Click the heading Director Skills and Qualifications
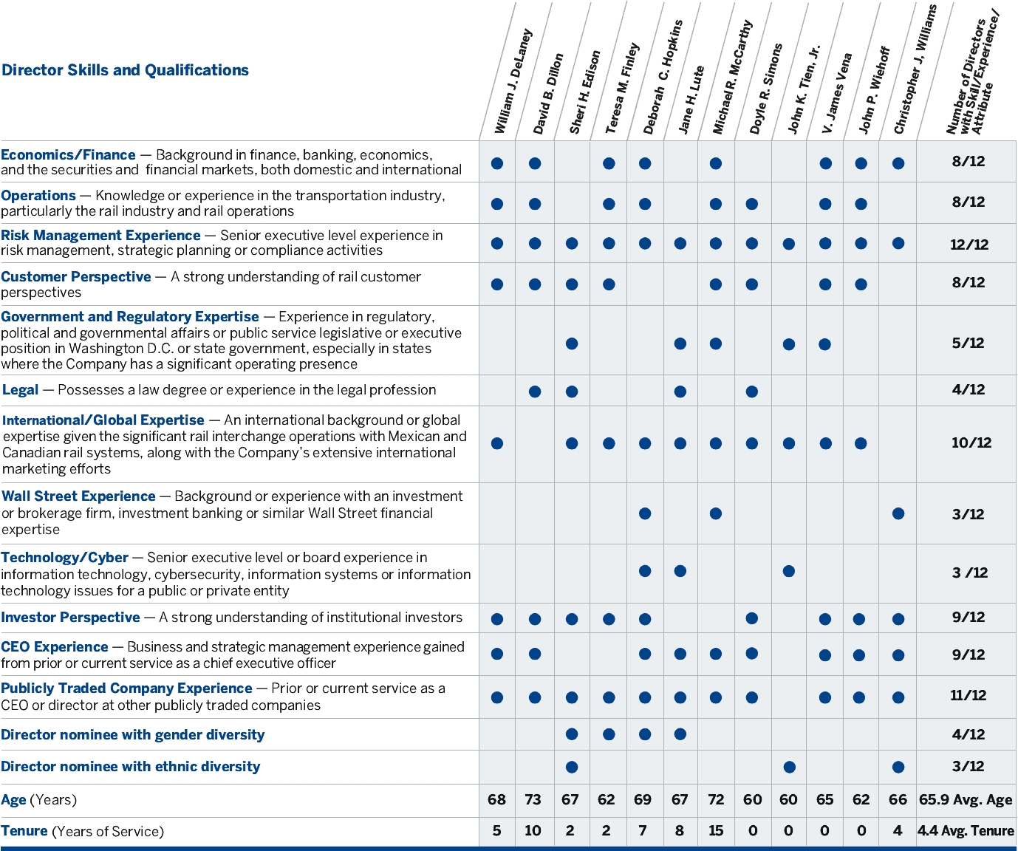click(125, 70)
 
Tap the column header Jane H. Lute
click(691, 100)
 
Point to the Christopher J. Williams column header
click(915, 70)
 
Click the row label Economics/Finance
click(68, 155)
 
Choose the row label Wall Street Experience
click(78, 496)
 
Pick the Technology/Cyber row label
click(64, 558)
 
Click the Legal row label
click(21, 390)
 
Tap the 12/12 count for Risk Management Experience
click(969, 245)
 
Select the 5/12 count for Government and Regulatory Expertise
click(968, 343)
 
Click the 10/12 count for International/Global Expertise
click(971, 442)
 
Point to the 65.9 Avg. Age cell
click(966, 800)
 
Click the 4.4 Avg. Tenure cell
click(966, 831)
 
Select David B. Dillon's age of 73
click(533, 800)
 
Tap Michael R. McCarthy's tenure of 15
click(715, 831)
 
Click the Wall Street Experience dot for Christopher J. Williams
click(898, 513)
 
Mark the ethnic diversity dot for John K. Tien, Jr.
click(789, 767)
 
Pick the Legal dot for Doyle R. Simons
click(752, 392)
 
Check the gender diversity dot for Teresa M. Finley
click(609, 734)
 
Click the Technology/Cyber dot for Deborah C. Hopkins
click(645, 571)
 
